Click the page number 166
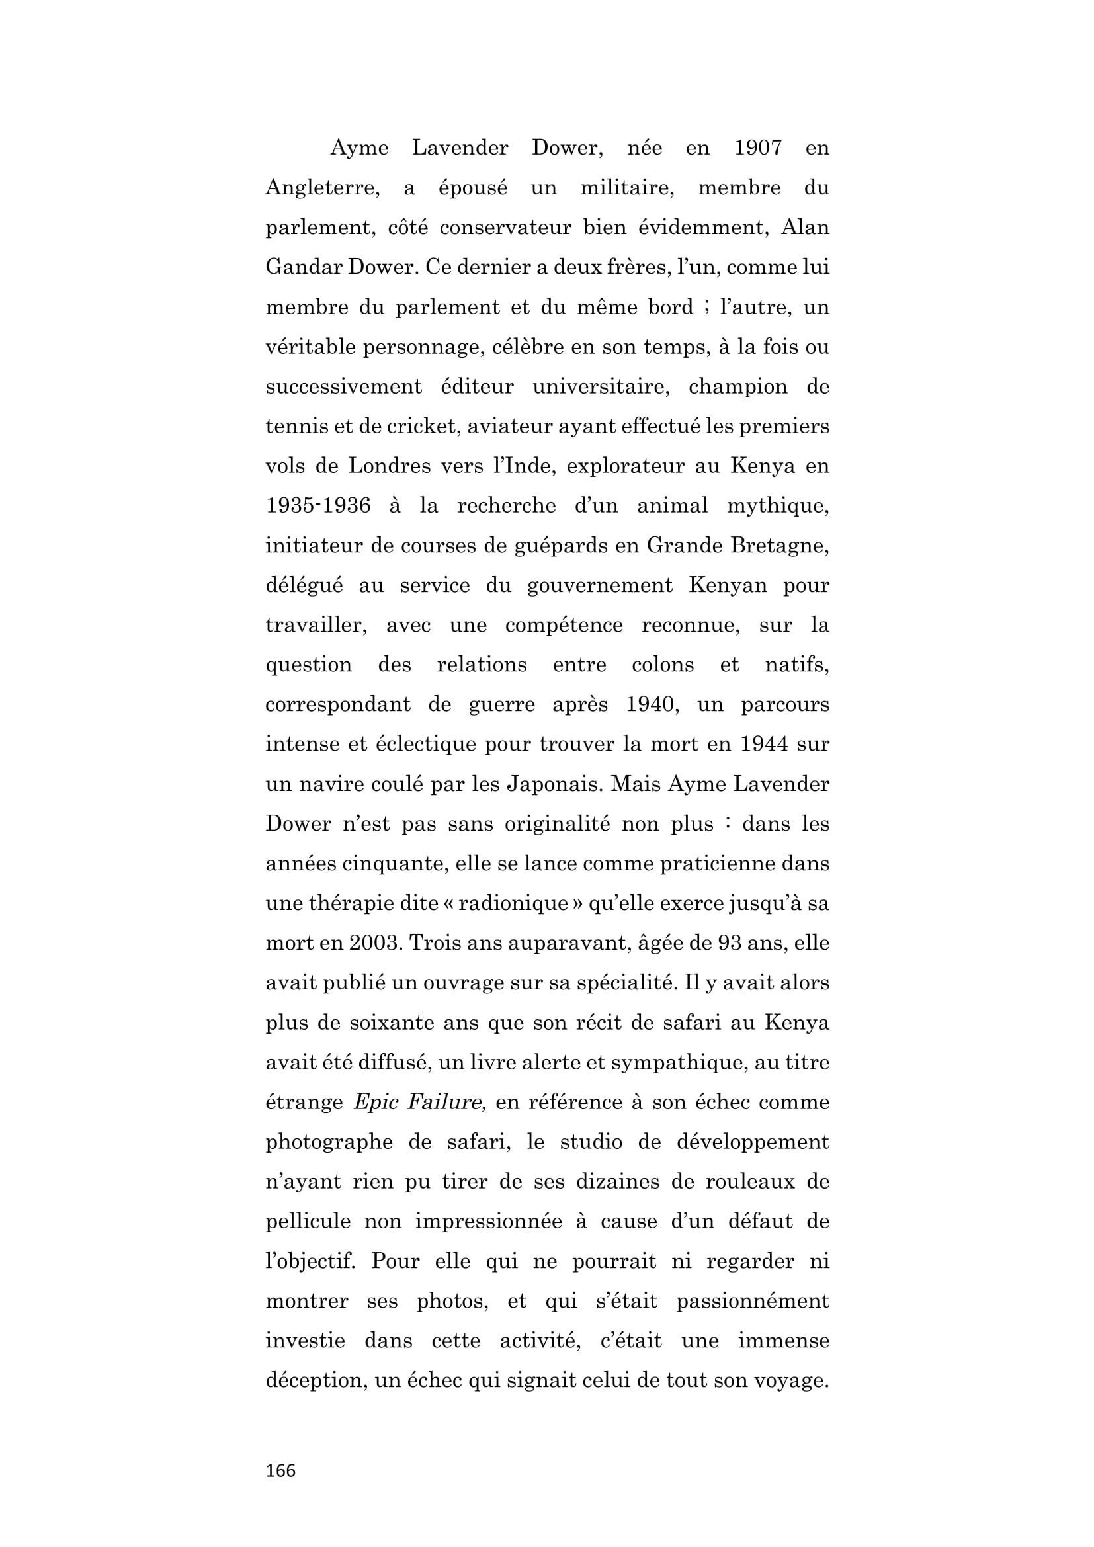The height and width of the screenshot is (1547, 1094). pyautogui.click(x=280, y=1470)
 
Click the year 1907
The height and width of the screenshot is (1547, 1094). pyautogui.click(x=758, y=147)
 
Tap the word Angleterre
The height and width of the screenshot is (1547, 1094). pyautogui.click(x=322, y=188)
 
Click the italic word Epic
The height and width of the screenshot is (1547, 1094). pyautogui.click(x=376, y=1103)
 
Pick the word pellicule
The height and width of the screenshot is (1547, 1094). pyautogui.click(x=308, y=1222)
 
